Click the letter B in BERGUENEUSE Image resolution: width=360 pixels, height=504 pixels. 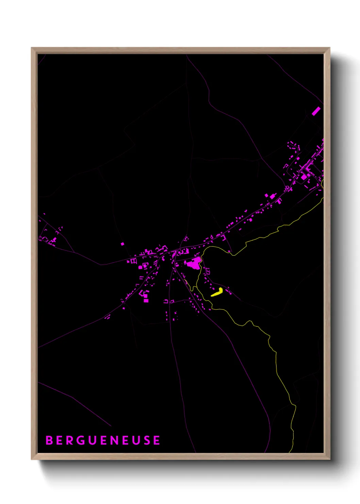[x=49, y=440]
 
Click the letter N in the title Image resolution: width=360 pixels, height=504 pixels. [x=115, y=440]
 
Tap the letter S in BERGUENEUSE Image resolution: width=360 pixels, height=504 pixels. [x=147, y=440]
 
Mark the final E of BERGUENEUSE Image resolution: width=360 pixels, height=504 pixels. [x=157, y=440]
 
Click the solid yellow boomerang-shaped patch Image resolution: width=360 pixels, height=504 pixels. [x=217, y=292]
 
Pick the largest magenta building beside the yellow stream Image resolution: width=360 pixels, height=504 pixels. [x=193, y=263]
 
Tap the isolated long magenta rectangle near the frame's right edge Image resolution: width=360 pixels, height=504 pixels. [x=316, y=111]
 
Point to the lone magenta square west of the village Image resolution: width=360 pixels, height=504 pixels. [x=122, y=244]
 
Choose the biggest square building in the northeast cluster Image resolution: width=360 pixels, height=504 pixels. [x=303, y=177]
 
